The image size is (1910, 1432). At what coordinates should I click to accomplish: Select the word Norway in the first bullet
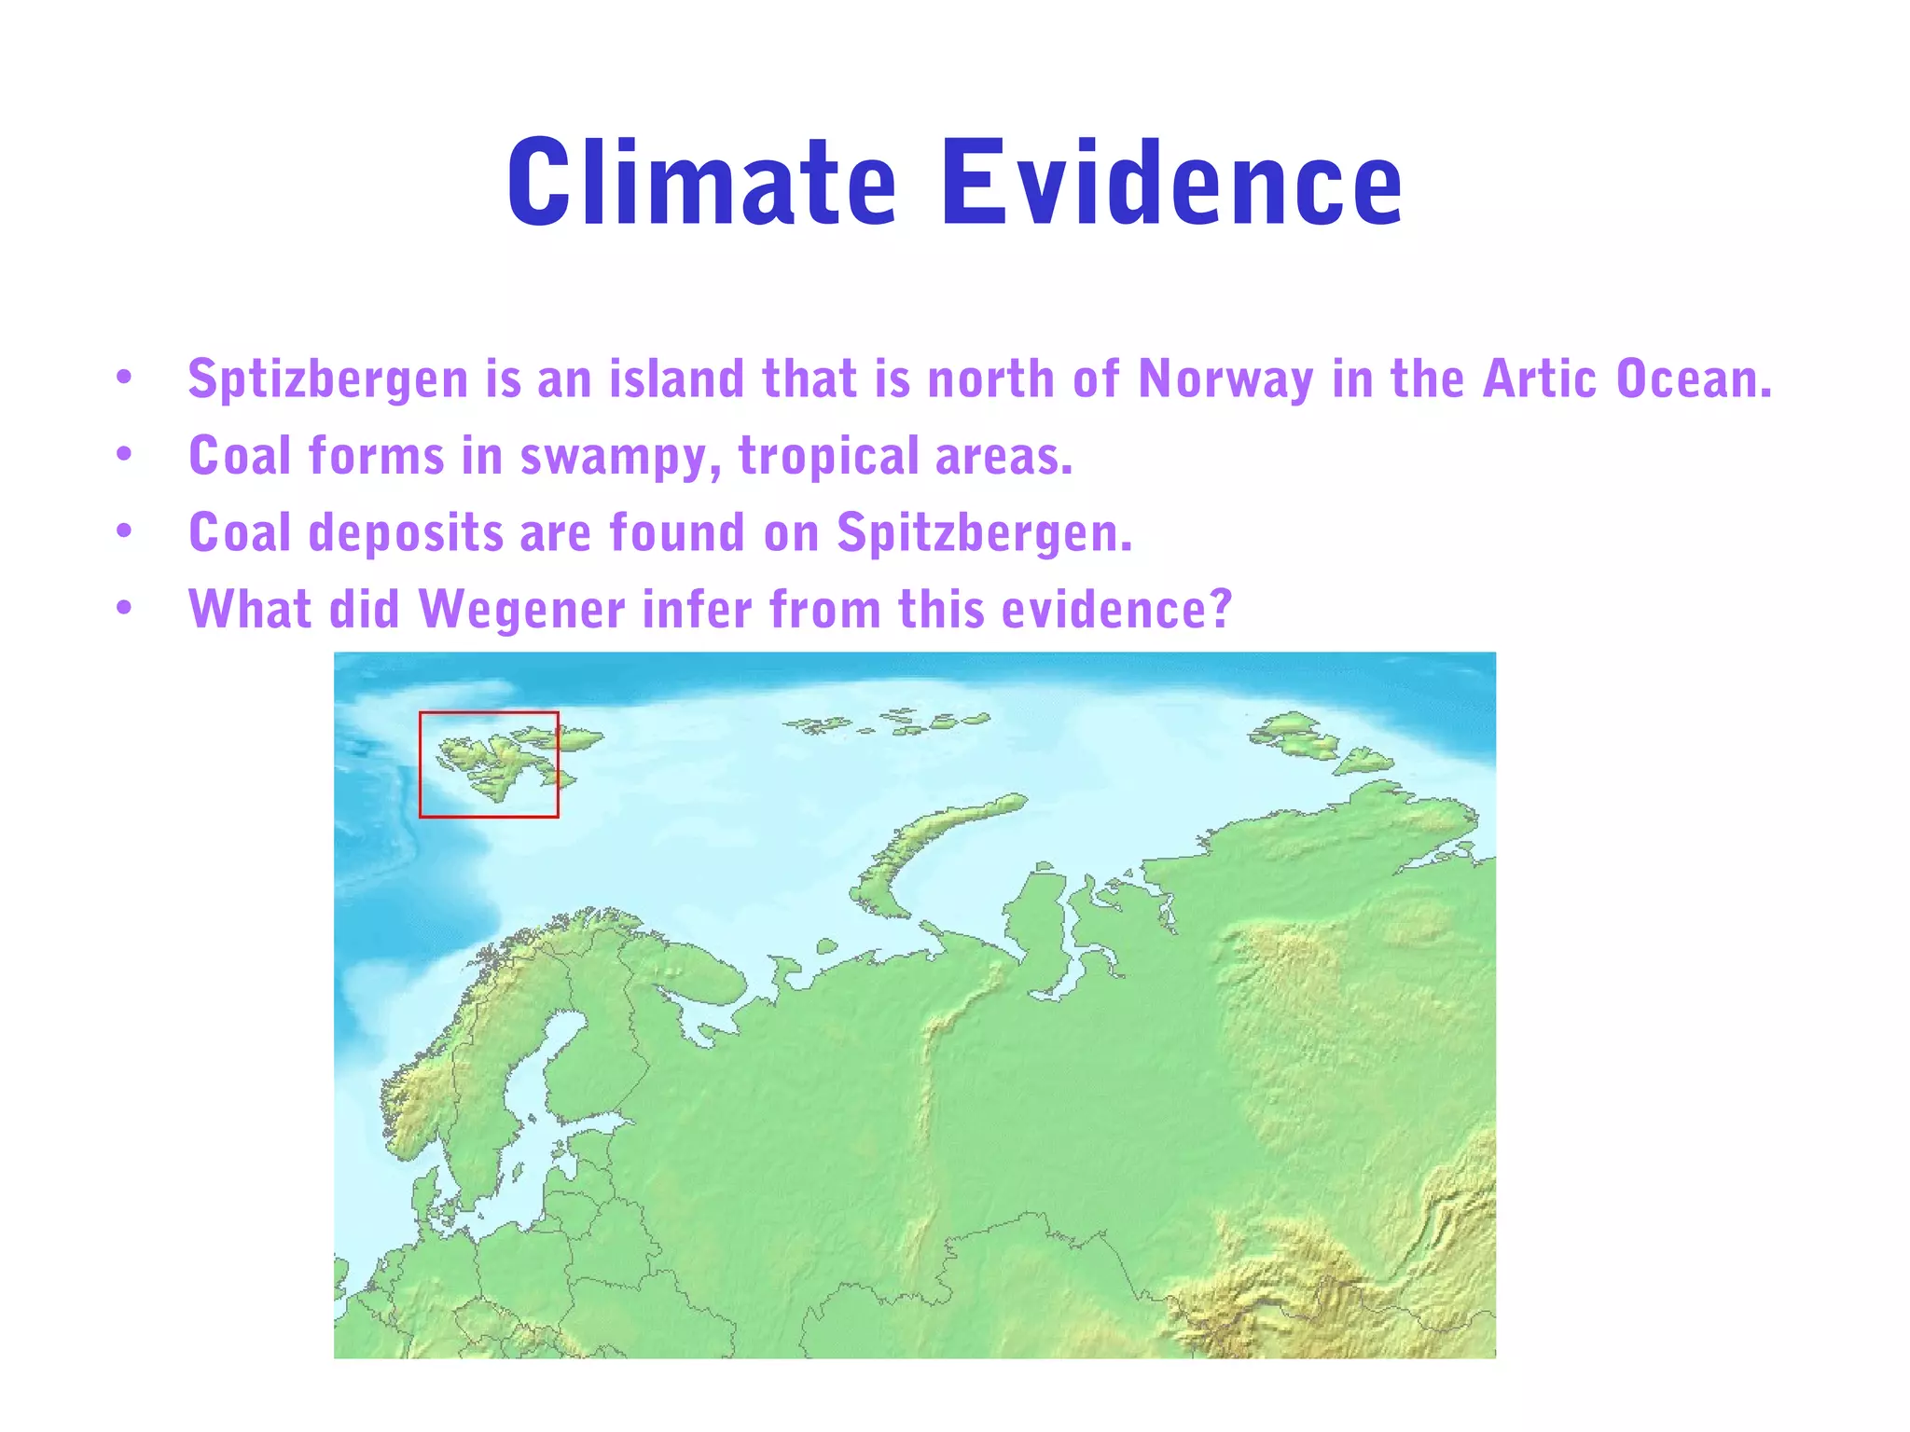[x=1226, y=380]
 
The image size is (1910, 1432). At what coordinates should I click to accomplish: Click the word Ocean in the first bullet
[x=1693, y=379]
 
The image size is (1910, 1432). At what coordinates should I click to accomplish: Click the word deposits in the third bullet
[x=406, y=533]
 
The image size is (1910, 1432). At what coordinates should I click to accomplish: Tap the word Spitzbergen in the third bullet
[x=984, y=534]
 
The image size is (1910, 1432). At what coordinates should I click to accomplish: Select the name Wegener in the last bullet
[x=521, y=610]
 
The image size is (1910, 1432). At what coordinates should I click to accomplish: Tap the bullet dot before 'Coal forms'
[x=124, y=455]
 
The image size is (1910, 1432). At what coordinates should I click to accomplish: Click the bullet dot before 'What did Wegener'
[x=124, y=609]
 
